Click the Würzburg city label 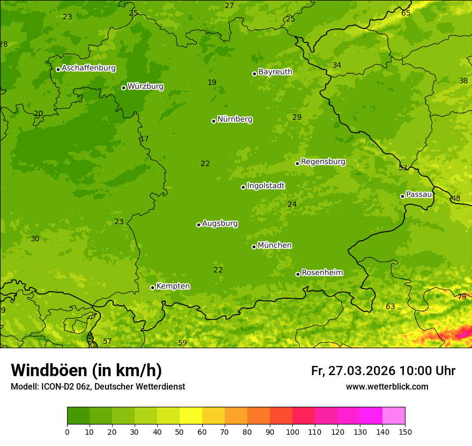pos(145,87)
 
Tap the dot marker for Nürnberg pos(213,121)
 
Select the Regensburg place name pos(323,162)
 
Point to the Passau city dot pos(402,196)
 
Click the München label pos(275,246)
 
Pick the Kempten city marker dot pos(152,287)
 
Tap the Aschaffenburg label pos(88,68)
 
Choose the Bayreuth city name pos(275,72)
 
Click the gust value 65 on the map pos(406,13)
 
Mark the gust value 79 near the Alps pos(462,297)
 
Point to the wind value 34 pos(337,66)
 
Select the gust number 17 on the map pos(144,139)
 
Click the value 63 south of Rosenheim pos(390,307)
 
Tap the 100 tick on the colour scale pos(292,431)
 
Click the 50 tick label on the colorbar pos(180,431)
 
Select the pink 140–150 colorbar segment pos(394,416)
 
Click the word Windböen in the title pos(49,370)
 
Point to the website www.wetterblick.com pos(387,387)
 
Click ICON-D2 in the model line pos(57,387)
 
